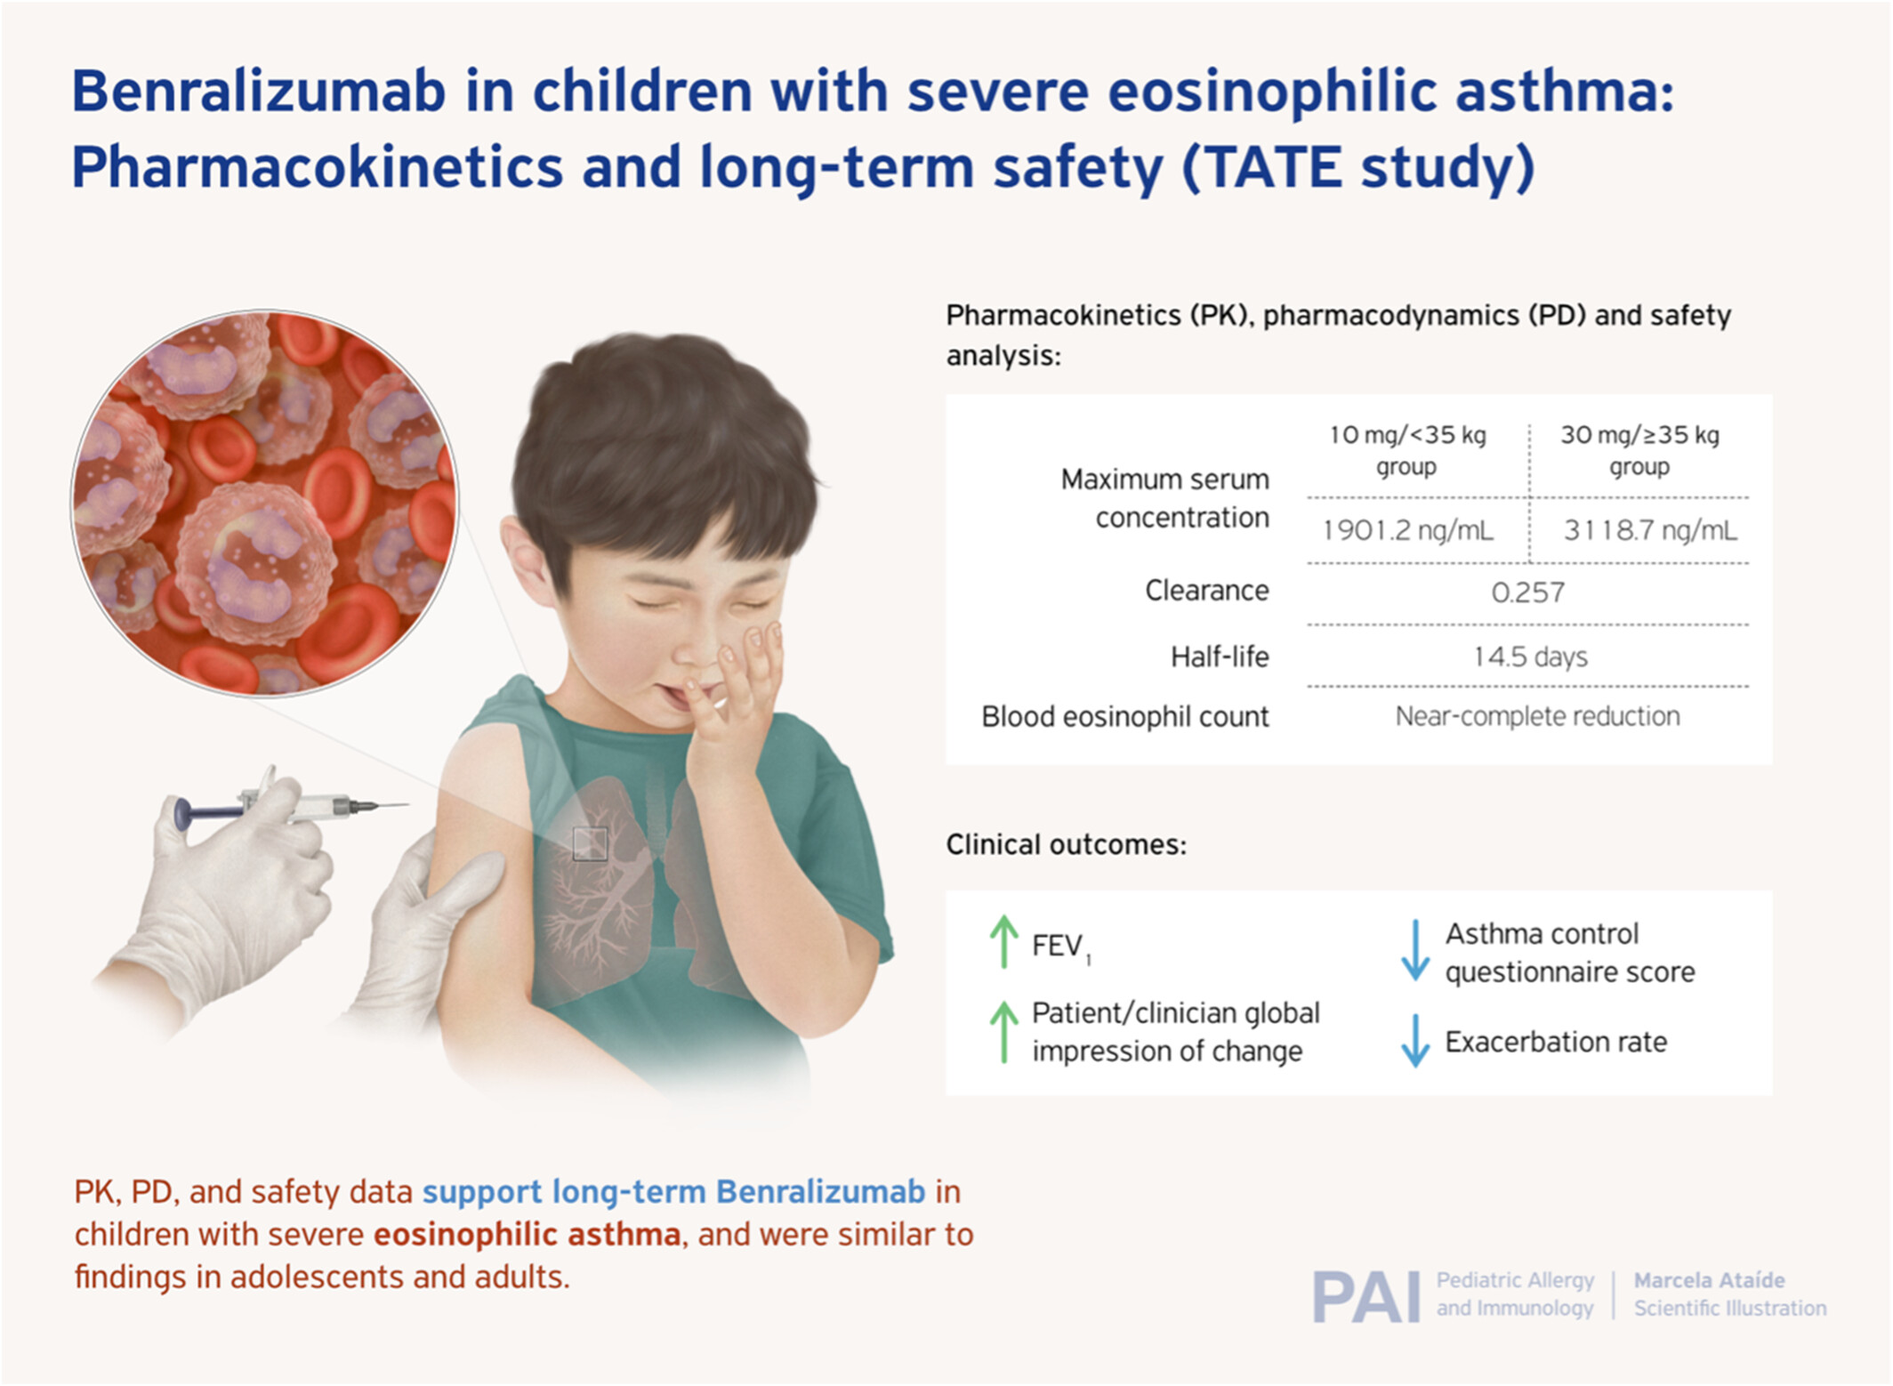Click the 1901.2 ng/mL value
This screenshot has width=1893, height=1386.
1408,530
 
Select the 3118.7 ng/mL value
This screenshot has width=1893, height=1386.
1650,530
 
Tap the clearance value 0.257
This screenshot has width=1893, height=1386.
1527,592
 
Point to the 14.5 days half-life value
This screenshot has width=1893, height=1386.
1530,657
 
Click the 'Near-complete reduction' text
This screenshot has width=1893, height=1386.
1537,716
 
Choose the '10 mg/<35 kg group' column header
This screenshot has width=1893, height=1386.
1407,450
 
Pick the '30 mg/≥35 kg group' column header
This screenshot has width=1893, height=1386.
1639,450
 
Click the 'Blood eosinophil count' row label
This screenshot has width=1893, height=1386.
1124,716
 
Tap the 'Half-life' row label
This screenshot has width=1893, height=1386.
1220,657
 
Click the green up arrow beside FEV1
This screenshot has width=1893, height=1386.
1003,941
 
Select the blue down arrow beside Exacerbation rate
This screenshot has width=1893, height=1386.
1414,1041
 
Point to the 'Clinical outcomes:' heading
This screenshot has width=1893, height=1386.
1066,844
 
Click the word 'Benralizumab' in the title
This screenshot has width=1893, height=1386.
258,91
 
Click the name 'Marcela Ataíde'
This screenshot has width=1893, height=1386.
1709,1280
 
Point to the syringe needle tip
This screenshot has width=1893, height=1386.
407,805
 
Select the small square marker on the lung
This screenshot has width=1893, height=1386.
590,843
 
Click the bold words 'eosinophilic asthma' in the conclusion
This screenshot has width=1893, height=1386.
527,1235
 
